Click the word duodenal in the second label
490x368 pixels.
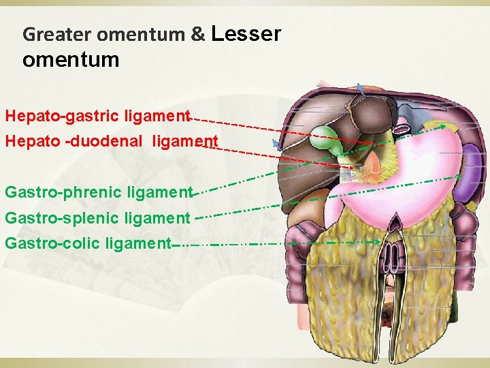[x=112, y=142]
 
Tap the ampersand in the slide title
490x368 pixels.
[x=198, y=34]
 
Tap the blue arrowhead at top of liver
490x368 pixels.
[x=360, y=87]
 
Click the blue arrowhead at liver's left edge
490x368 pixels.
[x=276, y=144]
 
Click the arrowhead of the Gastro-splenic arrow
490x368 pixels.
[x=459, y=177]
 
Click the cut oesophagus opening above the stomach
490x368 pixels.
[x=402, y=126]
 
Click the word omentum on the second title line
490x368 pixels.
[x=71, y=60]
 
